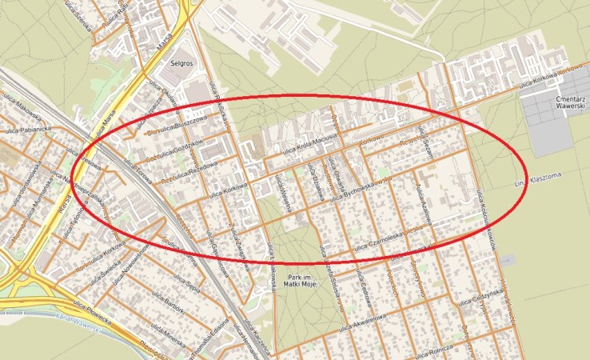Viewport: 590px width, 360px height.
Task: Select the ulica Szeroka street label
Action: click(82, 8)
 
